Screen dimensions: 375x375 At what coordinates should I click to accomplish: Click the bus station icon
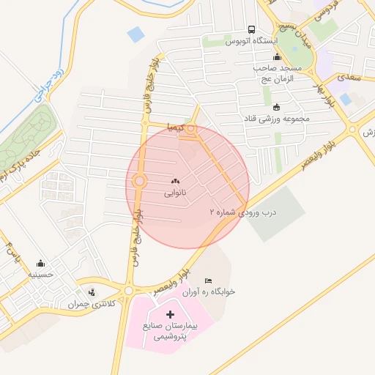click(x=251, y=30)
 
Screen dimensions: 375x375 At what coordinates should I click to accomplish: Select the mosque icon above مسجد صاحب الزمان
click(x=276, y=57)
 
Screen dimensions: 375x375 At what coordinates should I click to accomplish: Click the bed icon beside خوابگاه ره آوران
click(x=209, y=281)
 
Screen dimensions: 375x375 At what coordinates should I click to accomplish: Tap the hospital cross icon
click(x=171, y=314)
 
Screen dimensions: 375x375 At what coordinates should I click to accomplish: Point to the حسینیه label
click(x=39, y=275)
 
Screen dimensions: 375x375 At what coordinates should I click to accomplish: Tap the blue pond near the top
click(x=135, y=34)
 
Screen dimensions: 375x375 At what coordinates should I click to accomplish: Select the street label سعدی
click(x=346, y=76)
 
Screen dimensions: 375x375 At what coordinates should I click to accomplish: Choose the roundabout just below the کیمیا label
click(x=191, y=133)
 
